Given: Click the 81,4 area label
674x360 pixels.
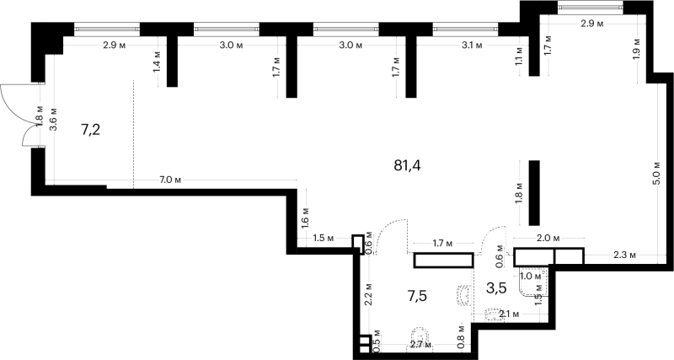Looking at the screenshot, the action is [407, 165].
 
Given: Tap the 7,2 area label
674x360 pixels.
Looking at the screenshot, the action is [90, 129].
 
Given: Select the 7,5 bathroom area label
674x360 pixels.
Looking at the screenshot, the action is [416, 296].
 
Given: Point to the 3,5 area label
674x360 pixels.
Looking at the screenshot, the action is [496, 287].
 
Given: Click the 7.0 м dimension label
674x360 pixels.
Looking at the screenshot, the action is [170, 180].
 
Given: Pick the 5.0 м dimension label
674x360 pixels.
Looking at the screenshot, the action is [656, 173].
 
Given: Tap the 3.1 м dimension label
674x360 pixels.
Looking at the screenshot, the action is [472, 46].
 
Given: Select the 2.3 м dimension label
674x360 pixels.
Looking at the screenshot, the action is [624, 255].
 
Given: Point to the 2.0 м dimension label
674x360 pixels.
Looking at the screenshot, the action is [548, 238].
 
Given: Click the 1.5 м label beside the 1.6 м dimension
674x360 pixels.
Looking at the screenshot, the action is [324, 238].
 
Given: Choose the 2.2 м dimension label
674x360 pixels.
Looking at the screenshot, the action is [368, 294].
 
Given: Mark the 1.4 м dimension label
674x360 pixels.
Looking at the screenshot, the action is [157, 62].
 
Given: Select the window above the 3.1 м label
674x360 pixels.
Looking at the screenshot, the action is [466, 29].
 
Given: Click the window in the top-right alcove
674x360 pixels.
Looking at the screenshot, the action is [591, 7].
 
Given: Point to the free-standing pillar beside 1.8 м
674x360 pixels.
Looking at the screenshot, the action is [534, 193].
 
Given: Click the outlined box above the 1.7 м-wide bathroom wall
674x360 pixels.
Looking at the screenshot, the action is [444, 261].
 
